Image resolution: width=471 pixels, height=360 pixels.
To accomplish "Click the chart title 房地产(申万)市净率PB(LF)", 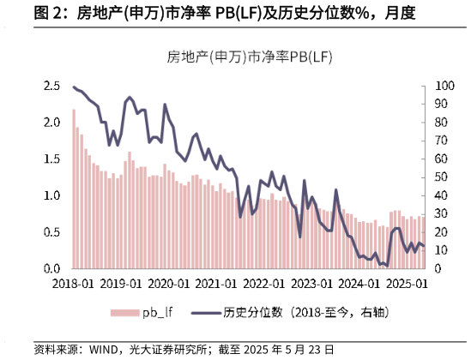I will [250, 57].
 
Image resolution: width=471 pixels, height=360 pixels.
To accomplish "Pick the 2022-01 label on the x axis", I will [263, 283].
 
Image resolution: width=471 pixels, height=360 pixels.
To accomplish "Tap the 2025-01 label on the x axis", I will [406, 283].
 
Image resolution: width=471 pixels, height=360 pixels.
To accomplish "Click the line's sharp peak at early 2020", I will [165, 105].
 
